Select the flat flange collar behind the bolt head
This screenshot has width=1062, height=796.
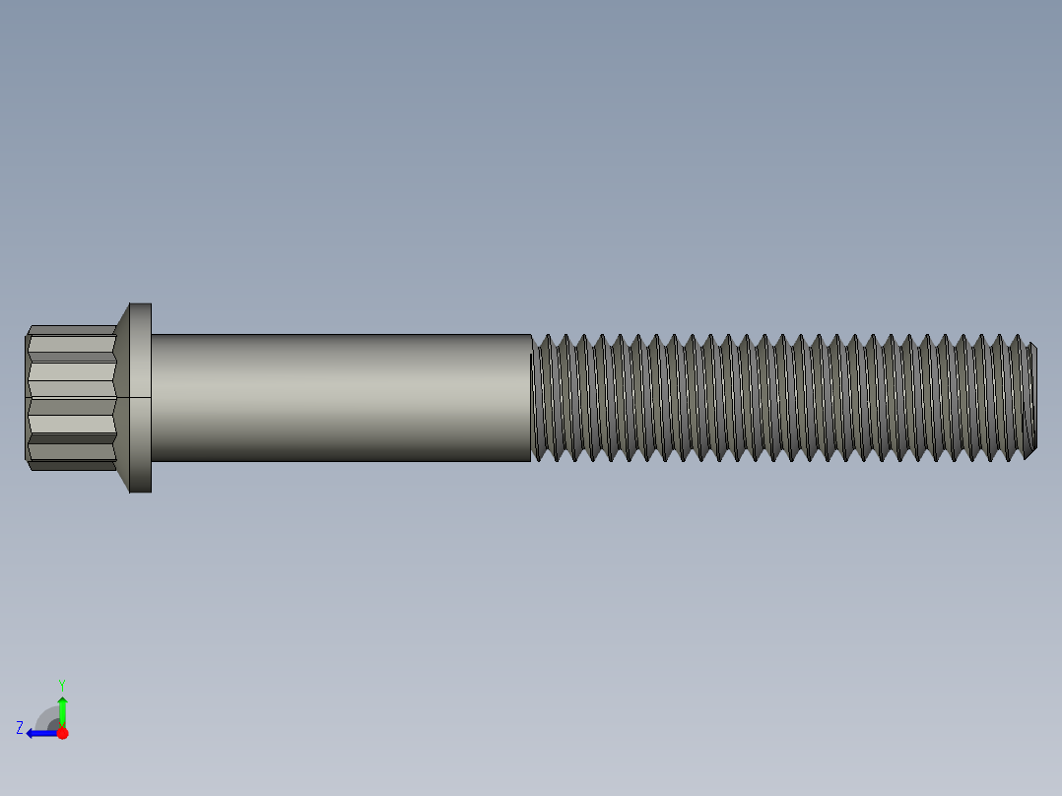click(x=141, y=397)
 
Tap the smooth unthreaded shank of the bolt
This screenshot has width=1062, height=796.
click(x=340, y=397)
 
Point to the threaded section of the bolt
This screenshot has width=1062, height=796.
click(x=778, y=397)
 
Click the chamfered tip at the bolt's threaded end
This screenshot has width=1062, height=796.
click(x=1031, y=398)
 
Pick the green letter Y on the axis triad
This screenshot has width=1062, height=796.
click(x=62, y=684)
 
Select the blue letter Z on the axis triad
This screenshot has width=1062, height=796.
click(x=20, y=728)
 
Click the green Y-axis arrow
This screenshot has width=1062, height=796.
click(x=62, y=711)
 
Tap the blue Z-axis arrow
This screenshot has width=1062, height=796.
click(x=41, y=733)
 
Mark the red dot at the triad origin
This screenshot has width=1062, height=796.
click(x=62, y=733)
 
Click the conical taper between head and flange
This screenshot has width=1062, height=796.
click(x=122, y=397)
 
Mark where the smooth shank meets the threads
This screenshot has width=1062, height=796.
click(x=532, y=397)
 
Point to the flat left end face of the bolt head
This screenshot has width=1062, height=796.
click(x=26, y=397)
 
